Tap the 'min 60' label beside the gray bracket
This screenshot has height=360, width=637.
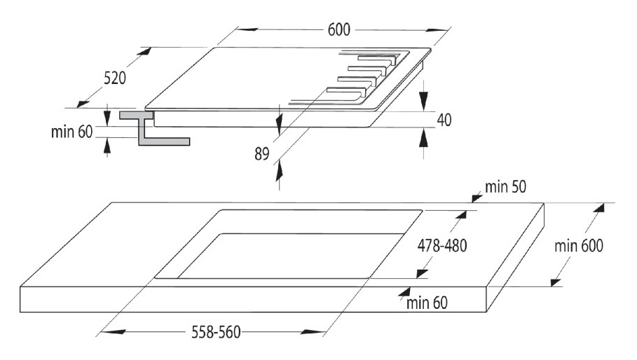point(71,132)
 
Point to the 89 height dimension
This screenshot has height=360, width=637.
point(262,154)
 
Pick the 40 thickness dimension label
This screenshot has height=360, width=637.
point(443,120)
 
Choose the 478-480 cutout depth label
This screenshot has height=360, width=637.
point(441,246)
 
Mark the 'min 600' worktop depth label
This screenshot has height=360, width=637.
point(579,246)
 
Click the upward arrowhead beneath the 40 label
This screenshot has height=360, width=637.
point(423,137)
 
